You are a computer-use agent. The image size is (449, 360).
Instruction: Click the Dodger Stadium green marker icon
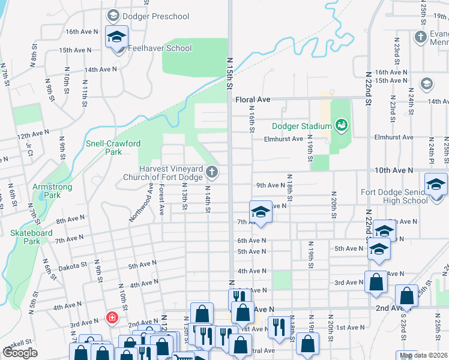(342, 125)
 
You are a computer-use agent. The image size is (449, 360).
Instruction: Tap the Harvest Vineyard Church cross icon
(211, 173)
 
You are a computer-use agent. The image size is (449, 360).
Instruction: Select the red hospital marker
(111, 317)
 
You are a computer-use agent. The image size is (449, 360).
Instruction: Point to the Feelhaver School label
(160, 48)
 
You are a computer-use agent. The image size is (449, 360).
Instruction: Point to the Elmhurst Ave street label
(284, 139)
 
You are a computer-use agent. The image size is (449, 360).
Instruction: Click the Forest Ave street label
(161, 200)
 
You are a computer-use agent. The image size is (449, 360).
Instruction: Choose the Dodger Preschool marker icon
(111, 15)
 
